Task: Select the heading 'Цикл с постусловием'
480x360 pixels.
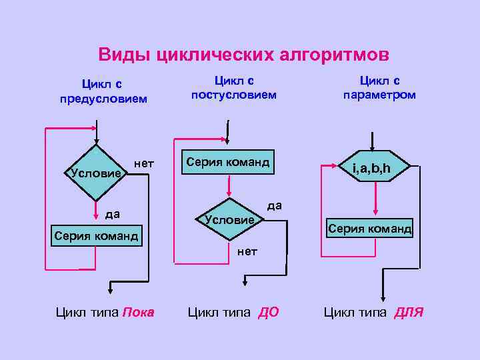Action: point(233,87)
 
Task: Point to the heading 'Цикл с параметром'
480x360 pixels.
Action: point(379,87)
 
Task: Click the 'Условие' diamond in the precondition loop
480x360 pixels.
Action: point(97,172)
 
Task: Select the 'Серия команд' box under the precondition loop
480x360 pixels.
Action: point(97,236)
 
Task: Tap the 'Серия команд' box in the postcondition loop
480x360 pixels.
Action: point(228,162)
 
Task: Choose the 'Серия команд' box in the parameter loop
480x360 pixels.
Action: point(369,229)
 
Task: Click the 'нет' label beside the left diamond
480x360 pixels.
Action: point(144,163)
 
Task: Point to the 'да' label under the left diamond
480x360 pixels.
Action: point(112,214)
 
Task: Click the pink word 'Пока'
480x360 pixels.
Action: point(139,312)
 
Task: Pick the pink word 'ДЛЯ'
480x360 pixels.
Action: point(409,312)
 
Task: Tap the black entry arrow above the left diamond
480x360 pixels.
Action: point(97,133)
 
